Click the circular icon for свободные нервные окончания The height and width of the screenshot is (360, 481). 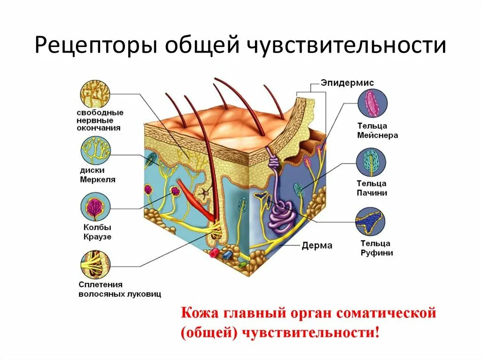(x=95, y=93)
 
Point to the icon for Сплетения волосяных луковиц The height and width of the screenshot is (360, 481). (x=95, y=264)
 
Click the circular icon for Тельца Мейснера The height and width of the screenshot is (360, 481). (x=372, y=105)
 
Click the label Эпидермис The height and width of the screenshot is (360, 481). (x=348, y=82)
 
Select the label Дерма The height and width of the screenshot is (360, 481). (x=317, y=245)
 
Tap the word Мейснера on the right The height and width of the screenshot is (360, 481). (x=377, y=135)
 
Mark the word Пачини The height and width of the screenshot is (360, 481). (x=374, y=192)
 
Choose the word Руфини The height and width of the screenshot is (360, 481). (x=377, y=253)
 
